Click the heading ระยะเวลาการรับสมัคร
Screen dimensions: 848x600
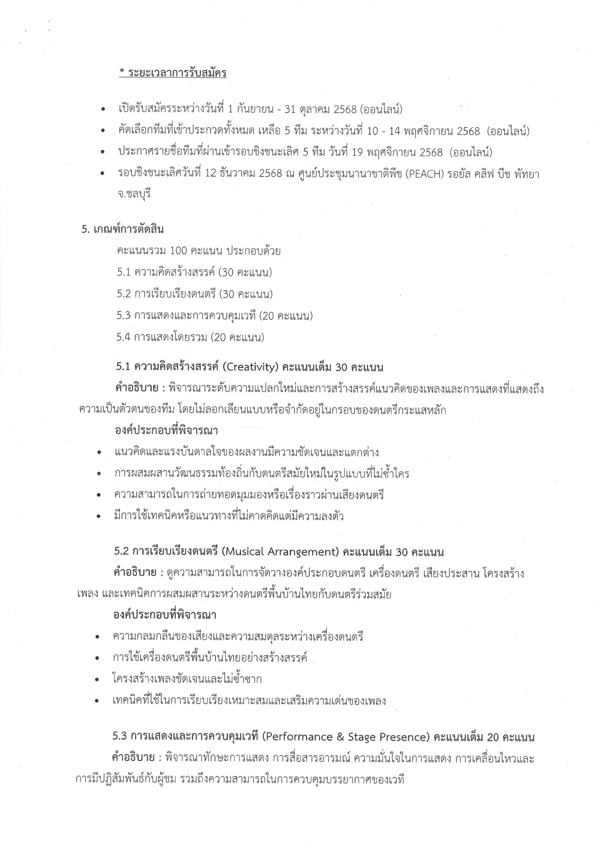click(177, 73)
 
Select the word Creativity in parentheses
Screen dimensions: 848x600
click(251, 367)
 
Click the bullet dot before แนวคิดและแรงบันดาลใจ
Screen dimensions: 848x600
click(99, 453)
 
